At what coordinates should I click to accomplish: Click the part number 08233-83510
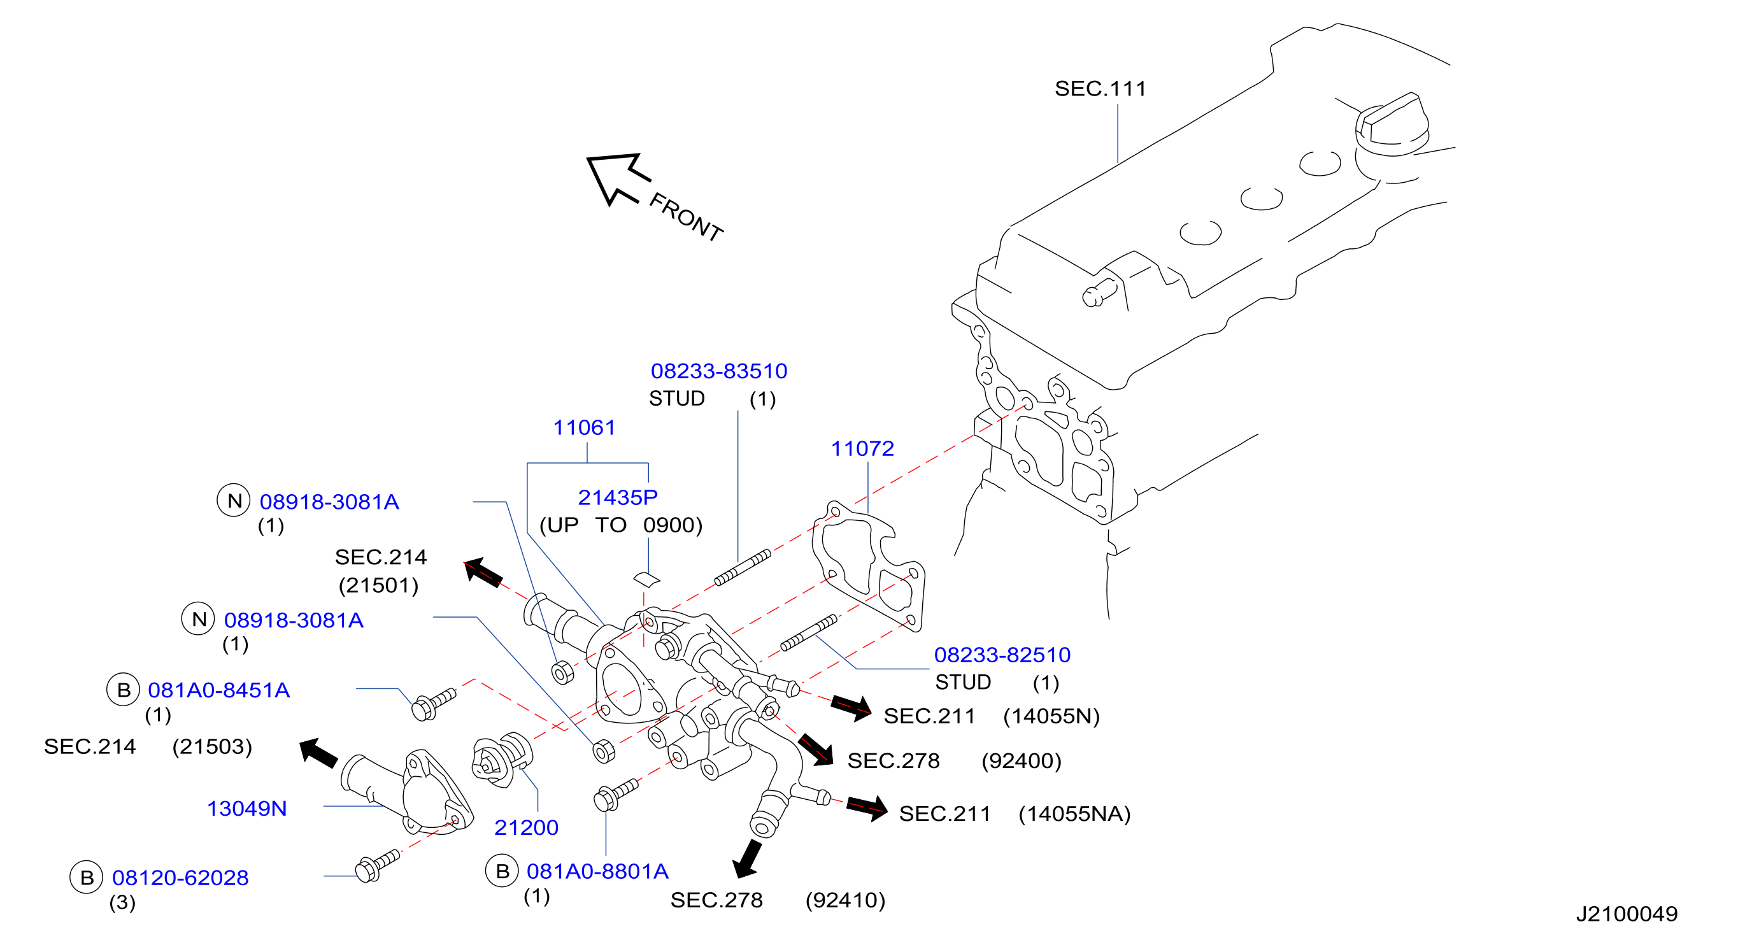pos(719,371)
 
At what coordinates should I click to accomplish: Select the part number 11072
pos(862,448)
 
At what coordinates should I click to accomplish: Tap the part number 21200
pos(526,827)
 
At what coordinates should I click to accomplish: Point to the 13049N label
pos(246,808)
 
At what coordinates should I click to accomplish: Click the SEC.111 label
pos(1100,89)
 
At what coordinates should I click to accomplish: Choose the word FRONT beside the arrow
pos(685,217)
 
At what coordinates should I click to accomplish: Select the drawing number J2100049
pos(1627,914)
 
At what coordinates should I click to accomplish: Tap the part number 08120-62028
pos(180,878)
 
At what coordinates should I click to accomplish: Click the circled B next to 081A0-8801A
pos(502,871)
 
